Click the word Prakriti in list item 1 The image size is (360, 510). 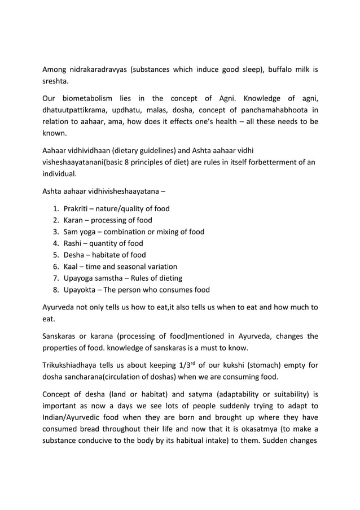(77, 208)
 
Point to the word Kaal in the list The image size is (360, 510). (72, 267)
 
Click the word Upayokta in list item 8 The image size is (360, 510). (81, 290)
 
